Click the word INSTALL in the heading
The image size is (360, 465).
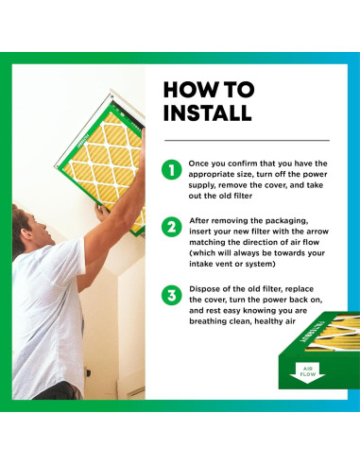[208, 112]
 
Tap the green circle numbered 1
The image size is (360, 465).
[172, 170]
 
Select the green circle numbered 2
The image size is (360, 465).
[172, 227]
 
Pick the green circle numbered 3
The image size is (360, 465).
[172, 296]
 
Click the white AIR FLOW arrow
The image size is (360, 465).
[307, 372]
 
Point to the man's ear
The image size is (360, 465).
[26, 234]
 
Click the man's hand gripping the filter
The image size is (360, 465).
[102, 212]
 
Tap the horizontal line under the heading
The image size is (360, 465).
[247, 140]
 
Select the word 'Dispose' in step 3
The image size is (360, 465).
[203, 289]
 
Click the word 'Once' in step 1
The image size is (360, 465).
[198, 164]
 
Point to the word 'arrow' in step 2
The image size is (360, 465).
[317, 232]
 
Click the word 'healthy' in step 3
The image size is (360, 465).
[275, 321]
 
